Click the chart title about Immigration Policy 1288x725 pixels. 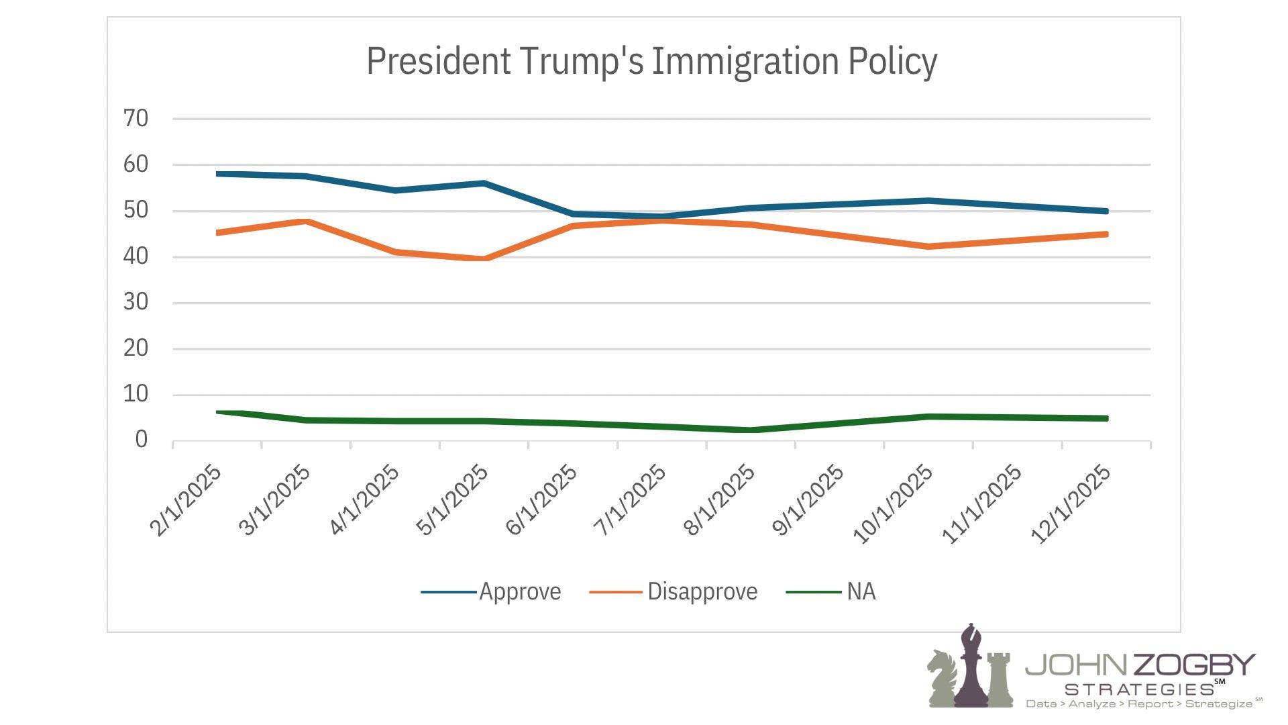tap(651, 61)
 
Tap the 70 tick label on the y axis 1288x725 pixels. tap(136, 119)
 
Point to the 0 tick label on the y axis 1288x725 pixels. tap(141, 440)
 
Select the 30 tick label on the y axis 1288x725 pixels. tap(136, 303)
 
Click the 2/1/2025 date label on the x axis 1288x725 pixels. tap(185, 501)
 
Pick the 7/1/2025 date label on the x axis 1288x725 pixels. tap(630, 501)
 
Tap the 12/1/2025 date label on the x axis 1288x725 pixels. tap(1071, 504)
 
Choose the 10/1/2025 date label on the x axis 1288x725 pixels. tap(893, 504)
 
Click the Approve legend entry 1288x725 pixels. tap(520, 592)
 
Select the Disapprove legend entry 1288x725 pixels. tap(702, 592)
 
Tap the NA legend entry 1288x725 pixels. tap(861, 592)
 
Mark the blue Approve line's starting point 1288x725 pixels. tap(218, 174)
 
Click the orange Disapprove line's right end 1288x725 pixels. tap(1106, 234)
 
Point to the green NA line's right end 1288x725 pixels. tap(1106, 418)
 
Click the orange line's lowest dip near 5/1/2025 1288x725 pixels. tap(485, 258)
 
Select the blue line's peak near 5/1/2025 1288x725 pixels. tap(484, 183)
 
